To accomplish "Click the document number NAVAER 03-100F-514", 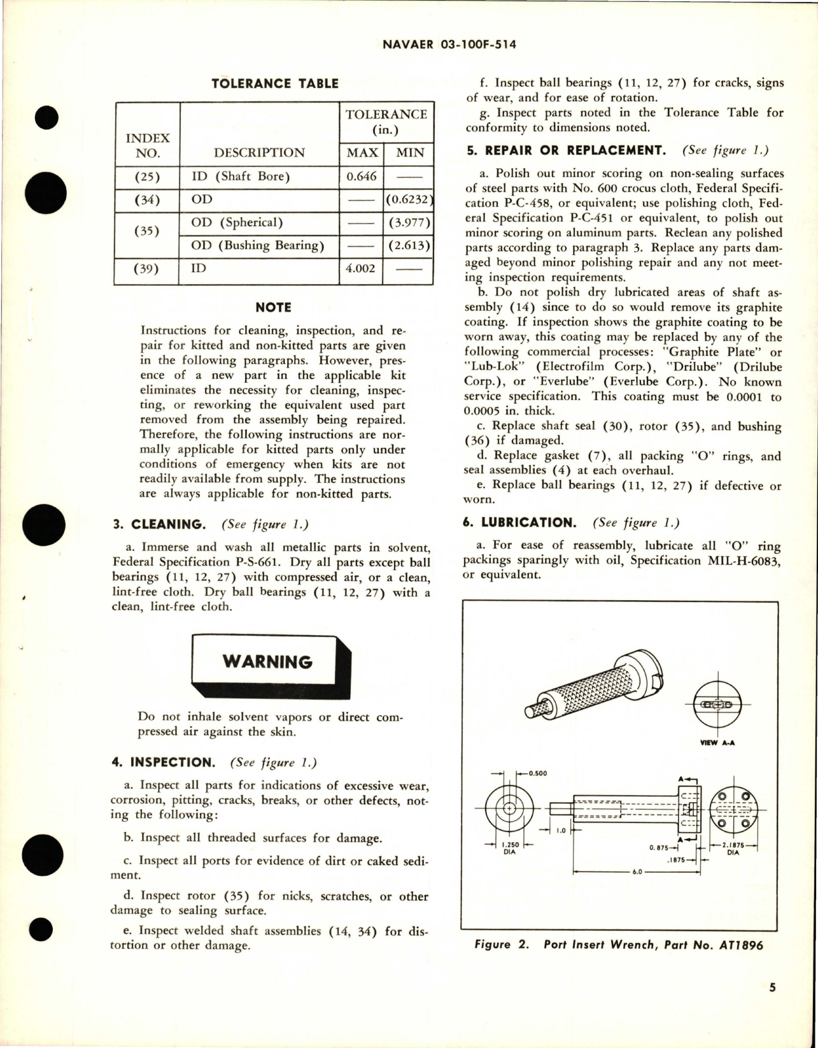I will click(x=450, y=45).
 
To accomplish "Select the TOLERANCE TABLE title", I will click(x=274, y=83).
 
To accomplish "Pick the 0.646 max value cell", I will click(x=361, y=176).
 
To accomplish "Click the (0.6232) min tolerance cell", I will click(x=409, y=199).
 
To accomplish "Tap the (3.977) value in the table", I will click(x=409, y=222).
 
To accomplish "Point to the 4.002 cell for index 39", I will click(x=361, y=268).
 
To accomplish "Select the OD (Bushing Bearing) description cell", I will click(x=257, y=245).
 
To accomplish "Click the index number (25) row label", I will click(x=147, y=176).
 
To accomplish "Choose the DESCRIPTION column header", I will click(x=259, y=153).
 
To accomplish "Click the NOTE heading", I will click(x=273, y=308).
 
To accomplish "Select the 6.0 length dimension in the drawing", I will click(x=637, y=872).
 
